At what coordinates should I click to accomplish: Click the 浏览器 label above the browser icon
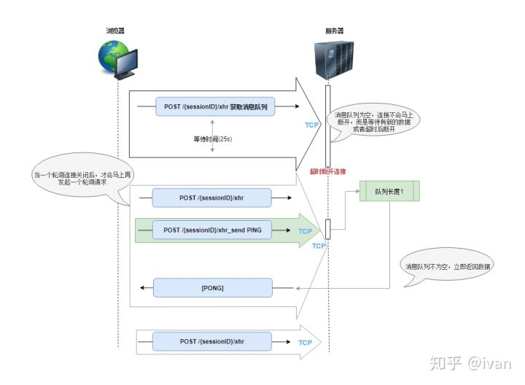click(117, 31)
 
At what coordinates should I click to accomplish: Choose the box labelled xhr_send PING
click(212, 230)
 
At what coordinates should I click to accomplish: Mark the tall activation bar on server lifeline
click(327, 125)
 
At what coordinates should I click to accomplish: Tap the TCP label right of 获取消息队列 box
click(312, 125)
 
